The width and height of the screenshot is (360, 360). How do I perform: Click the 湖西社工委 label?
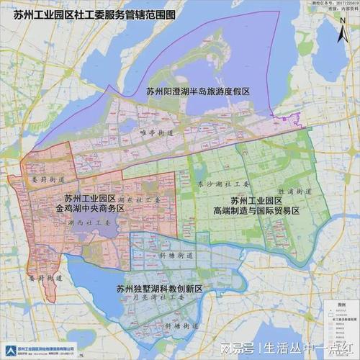pos(85,224)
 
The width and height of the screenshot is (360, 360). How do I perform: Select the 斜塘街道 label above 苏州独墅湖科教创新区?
pos(174,256)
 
